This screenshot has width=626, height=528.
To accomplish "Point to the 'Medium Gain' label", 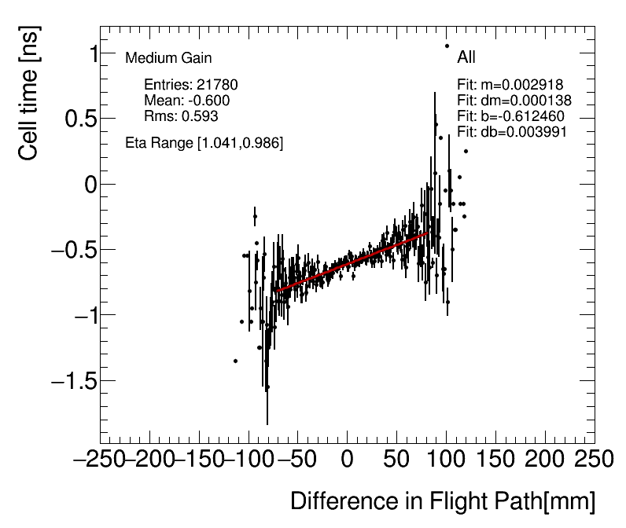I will (x=168, y=58).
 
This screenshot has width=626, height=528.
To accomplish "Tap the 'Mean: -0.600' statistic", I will (x=187, y=101).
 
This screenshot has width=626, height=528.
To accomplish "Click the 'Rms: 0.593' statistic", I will (x=181, y=116).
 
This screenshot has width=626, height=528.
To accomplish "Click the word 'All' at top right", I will (x=466, y=57).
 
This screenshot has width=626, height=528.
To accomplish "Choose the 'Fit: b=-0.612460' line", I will (x=510, y=116).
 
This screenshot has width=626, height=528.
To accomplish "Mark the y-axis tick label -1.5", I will (x=73, y=381).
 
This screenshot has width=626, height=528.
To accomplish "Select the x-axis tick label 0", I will (x=347, y=460).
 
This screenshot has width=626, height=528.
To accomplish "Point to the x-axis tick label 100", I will (x=446, y=460).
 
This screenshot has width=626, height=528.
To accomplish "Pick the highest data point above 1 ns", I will (x=447, y=46).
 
